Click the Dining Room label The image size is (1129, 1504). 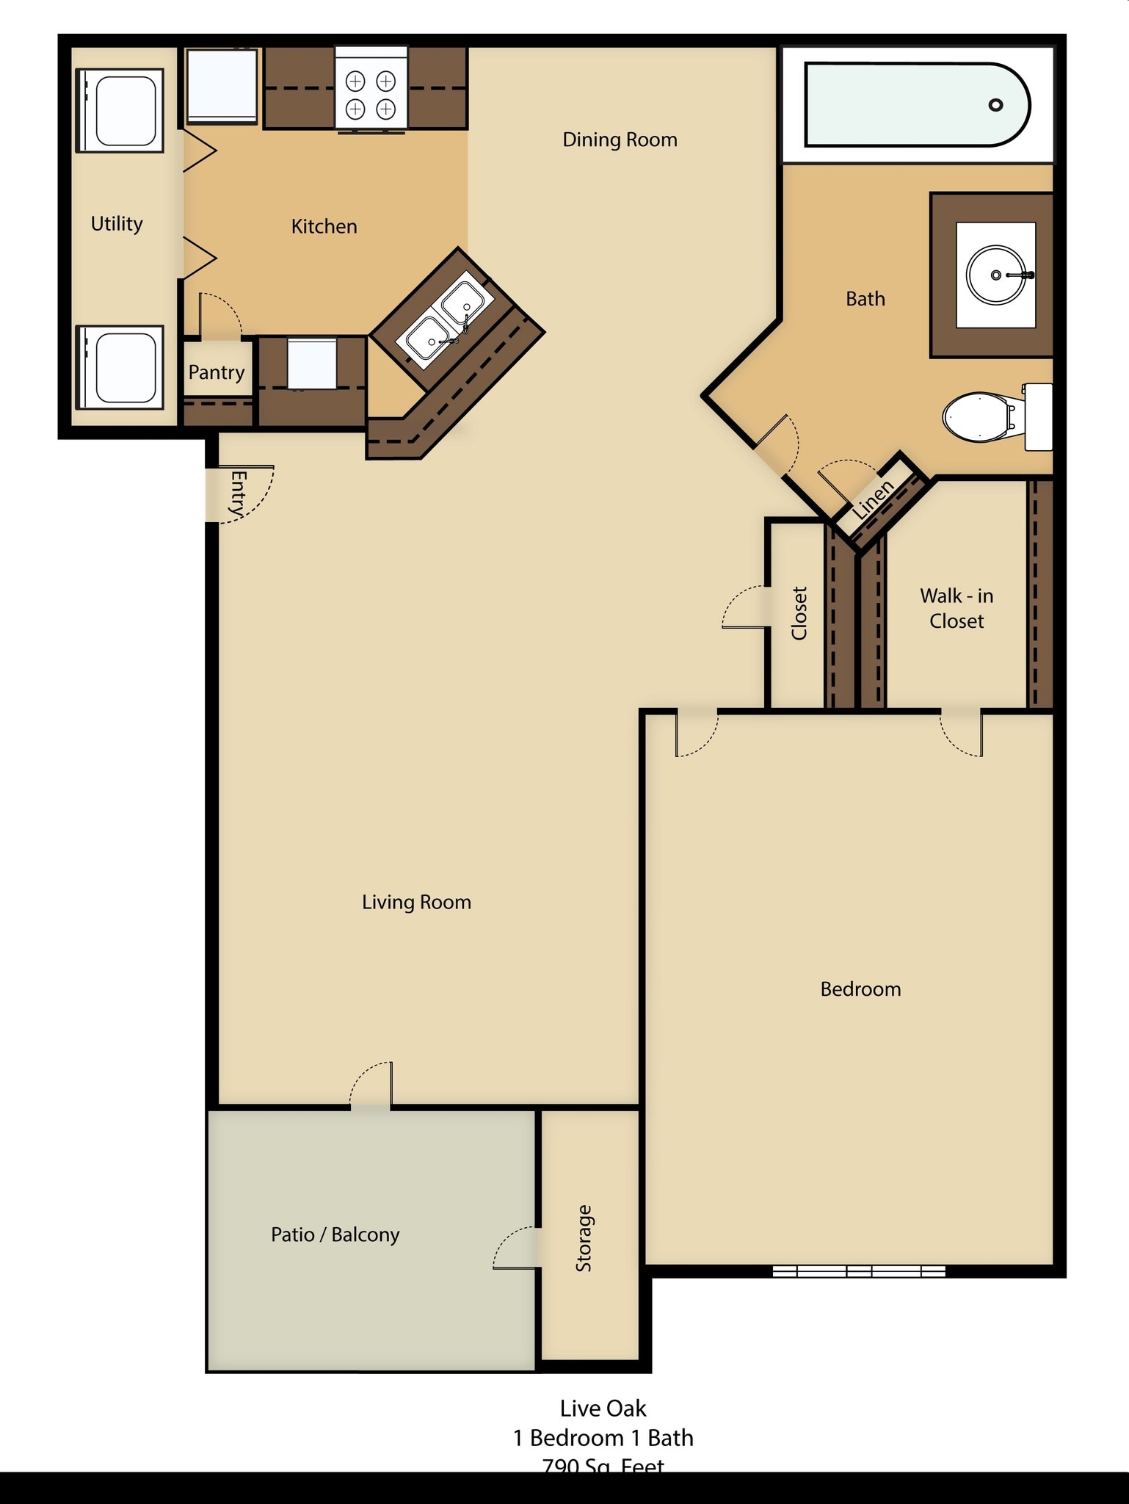coord(620,140)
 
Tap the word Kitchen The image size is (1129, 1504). coord(324,226)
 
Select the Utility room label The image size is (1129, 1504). coord(117,223)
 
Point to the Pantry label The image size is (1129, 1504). coord(217,372)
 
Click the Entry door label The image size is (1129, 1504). coord(238,493)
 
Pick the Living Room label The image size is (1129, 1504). coord(416,902)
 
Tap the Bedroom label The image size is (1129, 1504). coord(860,989)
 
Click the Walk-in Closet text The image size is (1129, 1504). coord(956,608)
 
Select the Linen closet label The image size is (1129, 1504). coord(874,500)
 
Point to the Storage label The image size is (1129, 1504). coord(584,1238)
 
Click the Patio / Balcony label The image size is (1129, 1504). coord(335,1234)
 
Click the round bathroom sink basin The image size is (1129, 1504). coord(995,275)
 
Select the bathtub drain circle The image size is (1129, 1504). coord(995,105)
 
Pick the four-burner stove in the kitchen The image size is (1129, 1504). coord(371,94)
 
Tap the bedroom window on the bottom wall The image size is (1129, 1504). coord(859,1271)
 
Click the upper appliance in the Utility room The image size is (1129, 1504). coord(120,111)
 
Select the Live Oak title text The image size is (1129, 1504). coord(603,1408)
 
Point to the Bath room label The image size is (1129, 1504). coord(865,299)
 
